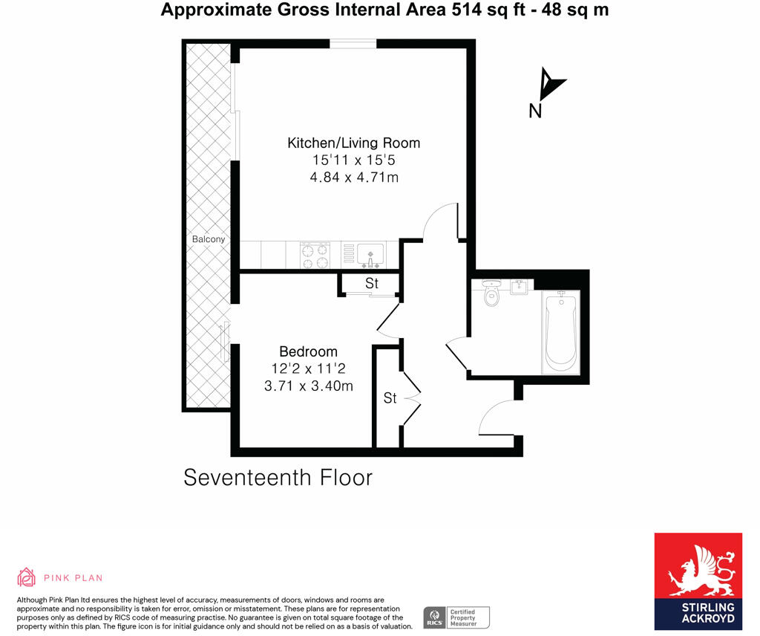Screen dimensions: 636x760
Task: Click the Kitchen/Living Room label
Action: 353,143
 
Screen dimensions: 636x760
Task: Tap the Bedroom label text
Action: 308,351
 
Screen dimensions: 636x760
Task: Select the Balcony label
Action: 208,239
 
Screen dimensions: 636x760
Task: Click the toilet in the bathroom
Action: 491,294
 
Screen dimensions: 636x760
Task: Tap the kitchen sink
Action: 370,254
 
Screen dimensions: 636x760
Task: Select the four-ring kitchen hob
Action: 314,255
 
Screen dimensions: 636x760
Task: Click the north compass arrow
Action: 550,85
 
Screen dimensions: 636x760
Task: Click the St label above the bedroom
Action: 371,283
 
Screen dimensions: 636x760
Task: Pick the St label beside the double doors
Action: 390,398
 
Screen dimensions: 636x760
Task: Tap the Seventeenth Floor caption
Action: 278,477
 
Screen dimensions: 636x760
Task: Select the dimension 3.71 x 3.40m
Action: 308,386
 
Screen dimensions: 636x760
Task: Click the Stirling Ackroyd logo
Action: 698,581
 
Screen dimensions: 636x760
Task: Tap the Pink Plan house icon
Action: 27,577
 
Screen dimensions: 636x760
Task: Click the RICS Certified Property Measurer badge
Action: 456,617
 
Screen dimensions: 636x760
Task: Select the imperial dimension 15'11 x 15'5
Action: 354,160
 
